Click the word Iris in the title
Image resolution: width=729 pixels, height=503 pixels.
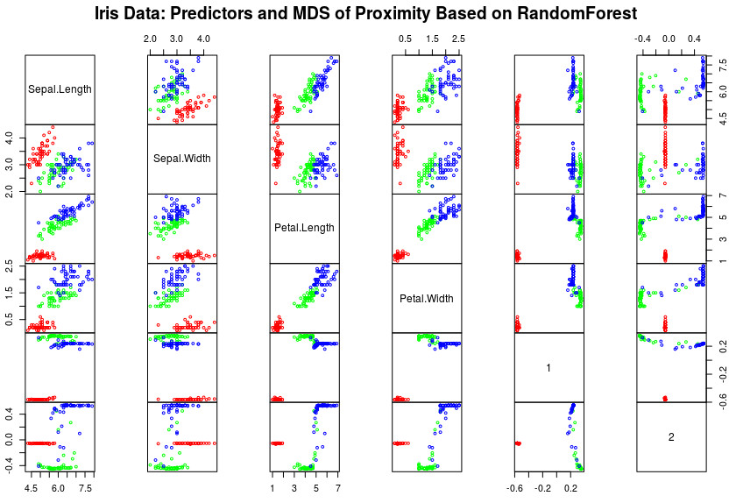pyautogui.click(x=133, y=14)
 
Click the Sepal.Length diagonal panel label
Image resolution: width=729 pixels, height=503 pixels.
pyautogui.click(x=60, y=89)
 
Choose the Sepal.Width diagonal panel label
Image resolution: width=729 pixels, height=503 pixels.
pyautogui.click(x=182, y=159)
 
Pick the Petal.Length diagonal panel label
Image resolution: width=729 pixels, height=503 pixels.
pyautogui.click(x=305, y=228)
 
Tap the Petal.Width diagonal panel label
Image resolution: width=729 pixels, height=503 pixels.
pyautogui.click(x=427, y=298)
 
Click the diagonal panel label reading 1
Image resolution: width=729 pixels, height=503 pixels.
pyautogui.click(x=549, y=368)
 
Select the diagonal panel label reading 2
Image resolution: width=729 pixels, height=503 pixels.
pyautogui.click(x=671, y=437)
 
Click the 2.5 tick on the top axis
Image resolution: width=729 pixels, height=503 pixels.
pyautogui.click(x=458, y=39)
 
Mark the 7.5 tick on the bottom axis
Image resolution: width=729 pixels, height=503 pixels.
pyautogui.click(x=86, y=487)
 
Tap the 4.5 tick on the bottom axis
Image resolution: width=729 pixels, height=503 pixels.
pyautogui.click(x=32, y=487)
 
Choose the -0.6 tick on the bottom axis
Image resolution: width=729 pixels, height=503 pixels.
pyautogui.click(x=515, y=487)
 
